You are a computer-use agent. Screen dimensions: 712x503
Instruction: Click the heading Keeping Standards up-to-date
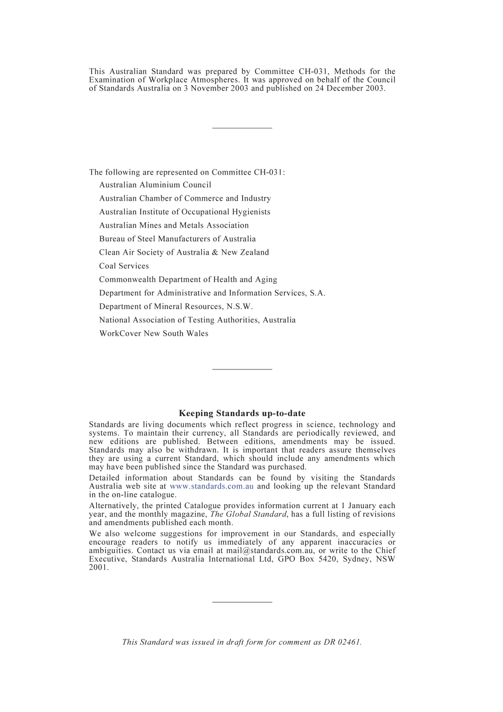[242, 413]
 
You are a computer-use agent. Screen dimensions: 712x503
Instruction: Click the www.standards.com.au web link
[211, 486]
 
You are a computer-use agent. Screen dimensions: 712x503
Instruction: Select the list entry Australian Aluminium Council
[155, 185]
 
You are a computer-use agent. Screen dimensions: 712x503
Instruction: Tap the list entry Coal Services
[124, 266]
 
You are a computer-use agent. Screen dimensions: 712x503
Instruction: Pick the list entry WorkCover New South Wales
[154, 334]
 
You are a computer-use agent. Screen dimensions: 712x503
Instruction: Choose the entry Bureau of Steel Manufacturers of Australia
[177, 239]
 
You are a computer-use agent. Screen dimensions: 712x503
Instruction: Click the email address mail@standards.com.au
[271, 551]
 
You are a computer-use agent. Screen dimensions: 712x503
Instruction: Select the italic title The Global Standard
[248, 514]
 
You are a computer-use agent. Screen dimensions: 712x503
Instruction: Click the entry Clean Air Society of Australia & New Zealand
[184, 253]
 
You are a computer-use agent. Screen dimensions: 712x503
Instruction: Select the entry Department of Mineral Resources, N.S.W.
[176, 307]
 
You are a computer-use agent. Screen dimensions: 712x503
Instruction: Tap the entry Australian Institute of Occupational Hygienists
[185, 212]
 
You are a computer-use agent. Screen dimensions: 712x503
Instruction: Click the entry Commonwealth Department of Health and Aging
[188, 280]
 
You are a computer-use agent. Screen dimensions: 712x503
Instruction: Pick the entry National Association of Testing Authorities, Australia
[197, 320]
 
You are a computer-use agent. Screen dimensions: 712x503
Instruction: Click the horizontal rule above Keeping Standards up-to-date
[242, 369]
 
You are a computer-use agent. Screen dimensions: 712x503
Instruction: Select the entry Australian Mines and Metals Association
[174, 226]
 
